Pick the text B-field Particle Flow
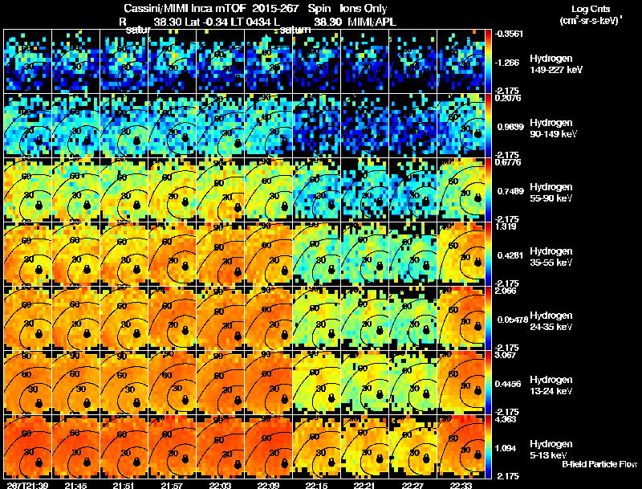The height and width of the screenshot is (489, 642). tap(599, 464)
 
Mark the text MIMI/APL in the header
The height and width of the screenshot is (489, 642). tap(373, 22)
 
